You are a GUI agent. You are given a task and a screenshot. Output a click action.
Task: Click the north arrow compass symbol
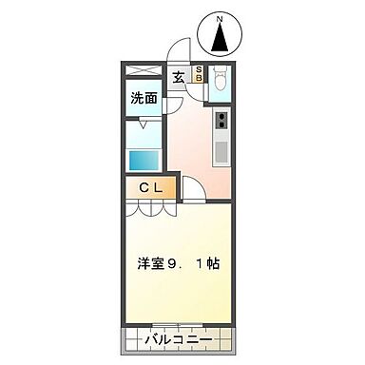[221, 38]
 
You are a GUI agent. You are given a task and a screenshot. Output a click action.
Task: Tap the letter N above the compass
[221, 18]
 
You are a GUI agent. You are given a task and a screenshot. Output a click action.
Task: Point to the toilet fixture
[221, 82]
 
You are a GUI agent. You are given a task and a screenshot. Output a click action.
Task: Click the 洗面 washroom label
[144, 98]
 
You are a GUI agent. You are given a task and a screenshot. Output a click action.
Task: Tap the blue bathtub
[145, 160]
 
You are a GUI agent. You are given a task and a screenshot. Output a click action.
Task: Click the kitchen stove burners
[222, 121]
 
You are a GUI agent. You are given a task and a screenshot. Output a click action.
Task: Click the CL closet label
[150, 187]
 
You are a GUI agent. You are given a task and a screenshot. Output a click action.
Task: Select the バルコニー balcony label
[178, 339]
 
